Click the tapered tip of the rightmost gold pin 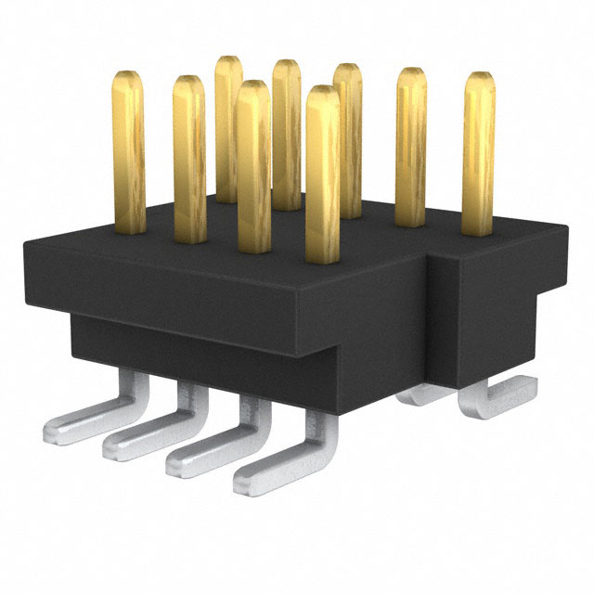(x=478, y=78)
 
